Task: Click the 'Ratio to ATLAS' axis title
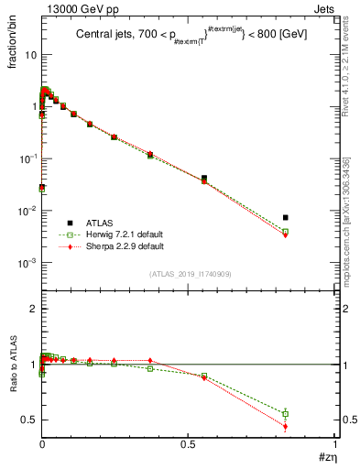(13, 365)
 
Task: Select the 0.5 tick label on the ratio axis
(29, 420)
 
